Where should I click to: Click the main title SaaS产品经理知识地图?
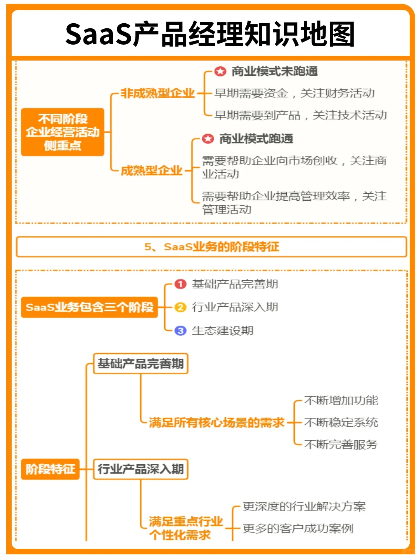tap(209, 34)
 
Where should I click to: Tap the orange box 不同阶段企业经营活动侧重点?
tap(62, 132)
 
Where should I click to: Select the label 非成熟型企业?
tap(157, 93)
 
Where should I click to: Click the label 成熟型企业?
tap(151, 170)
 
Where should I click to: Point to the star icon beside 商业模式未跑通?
tap(220, 71)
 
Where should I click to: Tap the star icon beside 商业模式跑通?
tap(208, 139)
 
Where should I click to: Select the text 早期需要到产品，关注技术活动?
tap(300, 115)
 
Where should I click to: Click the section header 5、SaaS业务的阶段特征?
tap(211, 247)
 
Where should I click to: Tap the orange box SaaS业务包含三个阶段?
tap(90, 307)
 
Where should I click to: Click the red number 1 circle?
tap(180, 284)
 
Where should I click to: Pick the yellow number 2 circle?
tap(180, 307)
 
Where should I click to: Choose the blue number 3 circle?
tap(180, 330)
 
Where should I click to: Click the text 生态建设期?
tap(222, 330)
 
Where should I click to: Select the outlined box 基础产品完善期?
tap(140, 363)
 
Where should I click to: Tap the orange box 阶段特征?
tap(50, 469)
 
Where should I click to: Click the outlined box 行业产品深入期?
tap(140, 469)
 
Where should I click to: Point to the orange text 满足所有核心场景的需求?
tap(216, 422)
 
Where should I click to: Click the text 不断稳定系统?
tap(341, 422)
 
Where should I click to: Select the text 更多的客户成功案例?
tap(298, 528)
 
